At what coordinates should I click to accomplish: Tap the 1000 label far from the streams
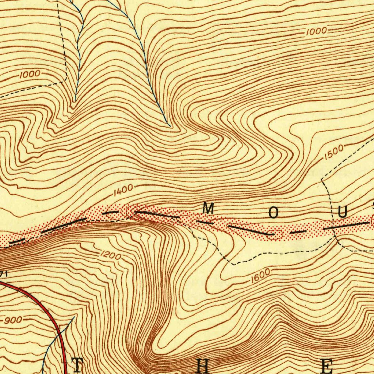pos(316,31)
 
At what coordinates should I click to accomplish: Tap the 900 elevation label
pos(14,320)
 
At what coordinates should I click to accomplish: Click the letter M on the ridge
pos(208,209)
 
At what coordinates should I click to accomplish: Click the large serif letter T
pos(77,365)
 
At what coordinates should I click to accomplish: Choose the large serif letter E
pos(326,366)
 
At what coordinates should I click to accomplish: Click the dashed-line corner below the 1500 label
pos(322,180)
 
